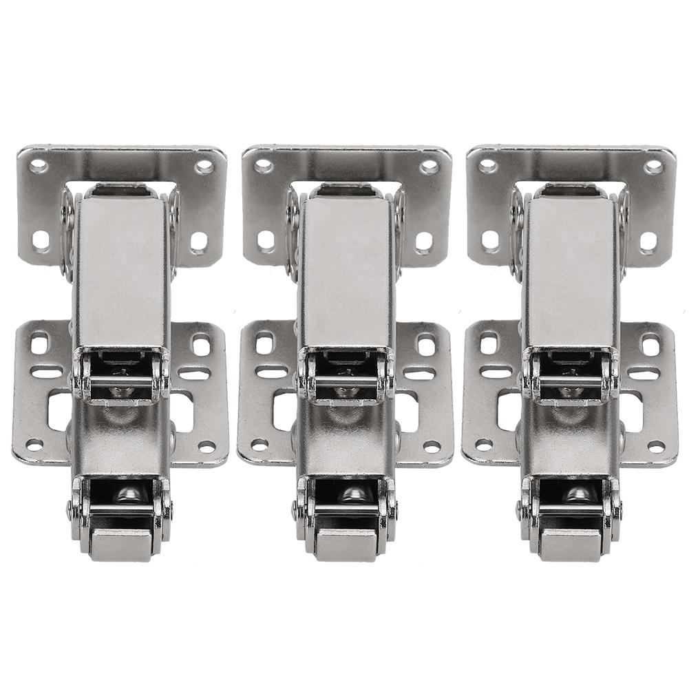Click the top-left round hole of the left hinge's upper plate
click(x=39, y=166)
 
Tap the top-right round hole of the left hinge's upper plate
click(x=204, y=167)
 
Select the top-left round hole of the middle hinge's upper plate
click(x=264, y=166)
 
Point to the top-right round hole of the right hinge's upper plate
click(x=654, y=167)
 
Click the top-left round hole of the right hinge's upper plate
click(x=488, y=166)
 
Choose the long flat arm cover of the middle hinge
click(x=346, y=268)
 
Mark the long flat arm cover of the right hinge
click(x=571, y=268)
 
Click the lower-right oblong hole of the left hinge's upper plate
click(x=198, y=241)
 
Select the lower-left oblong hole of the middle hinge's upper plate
click(x=266, y=241)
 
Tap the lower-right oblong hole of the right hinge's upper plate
click(x=648, y=241)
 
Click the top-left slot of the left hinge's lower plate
click(x=40, y=341)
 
